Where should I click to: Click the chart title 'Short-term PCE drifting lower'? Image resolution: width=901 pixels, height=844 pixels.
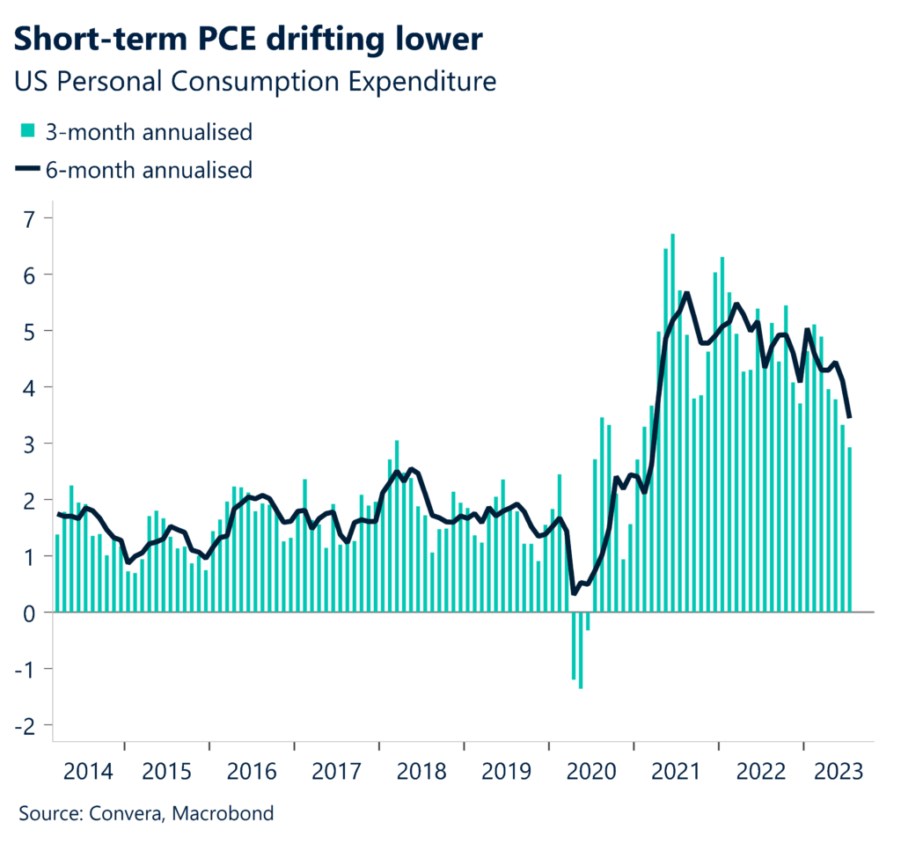pos(249,39)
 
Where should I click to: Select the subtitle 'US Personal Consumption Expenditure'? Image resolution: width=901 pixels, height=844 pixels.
pos(256,82)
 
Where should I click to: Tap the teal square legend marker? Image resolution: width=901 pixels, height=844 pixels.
pos(28,132)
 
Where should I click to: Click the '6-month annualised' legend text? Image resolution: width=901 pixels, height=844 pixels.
pos(150,169)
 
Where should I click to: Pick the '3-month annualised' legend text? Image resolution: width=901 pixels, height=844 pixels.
pos(150,132)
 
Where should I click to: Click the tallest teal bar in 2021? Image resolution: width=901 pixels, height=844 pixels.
pos(673,422)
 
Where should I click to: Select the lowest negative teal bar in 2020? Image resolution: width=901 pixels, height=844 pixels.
pos(581,650)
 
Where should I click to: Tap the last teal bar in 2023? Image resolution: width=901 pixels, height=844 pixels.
pos(850,529)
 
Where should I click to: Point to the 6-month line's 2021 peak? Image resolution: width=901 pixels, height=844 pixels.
pos(686,293)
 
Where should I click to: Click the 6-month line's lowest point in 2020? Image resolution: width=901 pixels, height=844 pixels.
pos(575,594)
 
